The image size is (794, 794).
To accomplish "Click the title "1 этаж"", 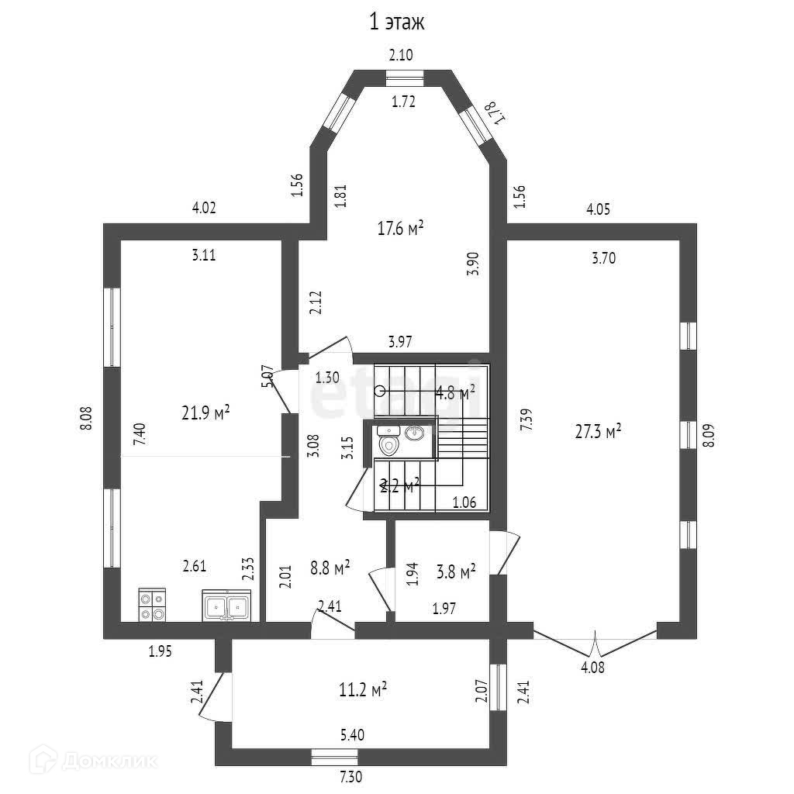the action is tap(396, 22).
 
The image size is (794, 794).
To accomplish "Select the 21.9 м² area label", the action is tap(205, 413).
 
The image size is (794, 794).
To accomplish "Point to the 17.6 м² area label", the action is tap(399, 229).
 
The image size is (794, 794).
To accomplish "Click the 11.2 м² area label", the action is tap(364, 689).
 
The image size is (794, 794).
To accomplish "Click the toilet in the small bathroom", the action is tap(388, 444).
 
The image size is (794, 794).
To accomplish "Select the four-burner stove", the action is tap(152, 606).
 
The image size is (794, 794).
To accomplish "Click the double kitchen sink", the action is tap(226, 606).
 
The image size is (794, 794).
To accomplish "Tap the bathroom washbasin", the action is tap(416, 432).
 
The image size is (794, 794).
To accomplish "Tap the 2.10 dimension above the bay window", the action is tap(401, 54).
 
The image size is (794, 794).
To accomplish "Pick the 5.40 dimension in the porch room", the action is tap(352, 734).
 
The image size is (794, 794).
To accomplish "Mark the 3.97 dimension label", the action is tap(400, 340).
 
